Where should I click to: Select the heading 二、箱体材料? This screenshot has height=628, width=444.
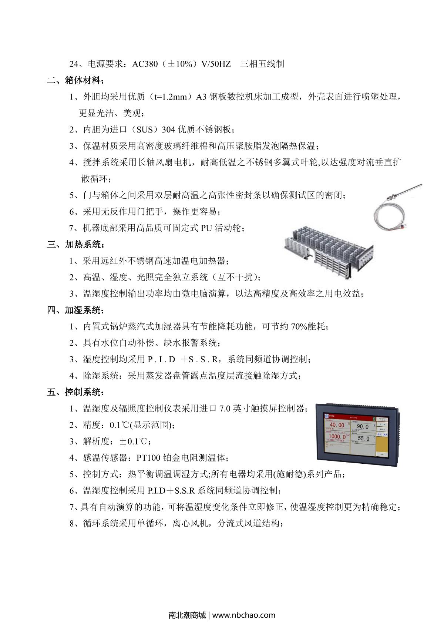tap(75, 80)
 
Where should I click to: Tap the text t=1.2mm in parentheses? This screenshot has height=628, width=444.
tap(172, 97)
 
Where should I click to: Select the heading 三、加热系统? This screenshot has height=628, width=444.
tap(75, 245)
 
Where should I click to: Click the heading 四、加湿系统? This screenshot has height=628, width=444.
tap(75, 310)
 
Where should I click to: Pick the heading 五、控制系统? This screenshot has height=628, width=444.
tap(75, 392)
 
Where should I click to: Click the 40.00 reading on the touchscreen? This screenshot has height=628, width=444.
tap(337, 425)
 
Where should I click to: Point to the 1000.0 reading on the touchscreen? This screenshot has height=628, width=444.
tap(337, 437)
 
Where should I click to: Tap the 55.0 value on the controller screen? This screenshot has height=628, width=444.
tap(363, 439)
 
